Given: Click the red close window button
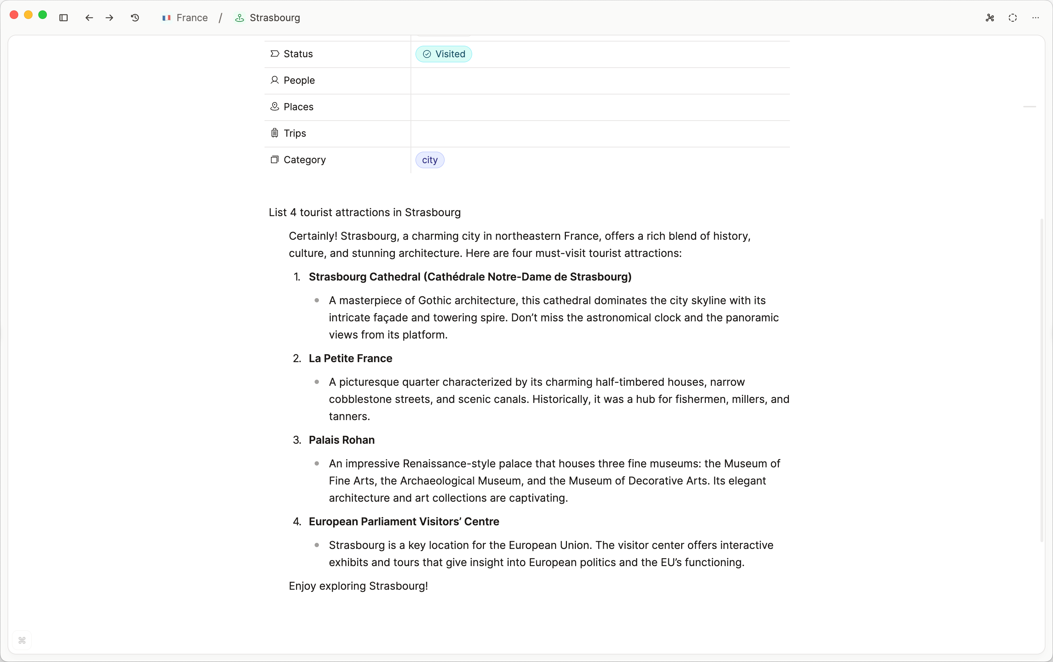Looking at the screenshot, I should pyautogui.click(x=14, y=15).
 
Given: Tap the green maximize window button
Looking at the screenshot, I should pyautogui.click(x=43, y=15).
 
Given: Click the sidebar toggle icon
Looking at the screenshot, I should pyautogui.click(x=63, y=18).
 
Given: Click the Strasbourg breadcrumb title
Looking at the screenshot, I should pyautogui.click(x=274, y=18).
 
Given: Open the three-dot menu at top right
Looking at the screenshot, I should pyautogui.click(x=1035, y=18).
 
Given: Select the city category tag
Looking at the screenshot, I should pyautogui.click(x=430, y=160).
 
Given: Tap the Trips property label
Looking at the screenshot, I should pyautogui.click(x=294, y=133).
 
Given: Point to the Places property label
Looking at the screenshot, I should pyautogui.click(x=298, y=107).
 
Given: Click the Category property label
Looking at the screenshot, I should pyautogui.click(x=304, y=160).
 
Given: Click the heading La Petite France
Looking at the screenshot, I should pyautogui.click(x=350, y=359).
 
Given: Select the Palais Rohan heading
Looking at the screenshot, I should pyautogui.click(x=341, y=440).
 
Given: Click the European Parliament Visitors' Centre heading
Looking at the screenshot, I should pyautogui.click(x=404, y=522).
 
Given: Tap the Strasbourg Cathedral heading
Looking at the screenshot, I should pyautogui.click(x=470, y=277).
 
